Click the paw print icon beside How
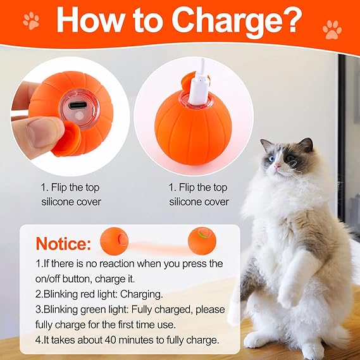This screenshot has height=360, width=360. click(x=30, y=21)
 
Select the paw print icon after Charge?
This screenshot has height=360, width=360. click(x=331, y=28)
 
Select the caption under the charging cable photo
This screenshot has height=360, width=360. click(x=198, y=195)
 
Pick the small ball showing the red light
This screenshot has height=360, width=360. click(x=114, y=240)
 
